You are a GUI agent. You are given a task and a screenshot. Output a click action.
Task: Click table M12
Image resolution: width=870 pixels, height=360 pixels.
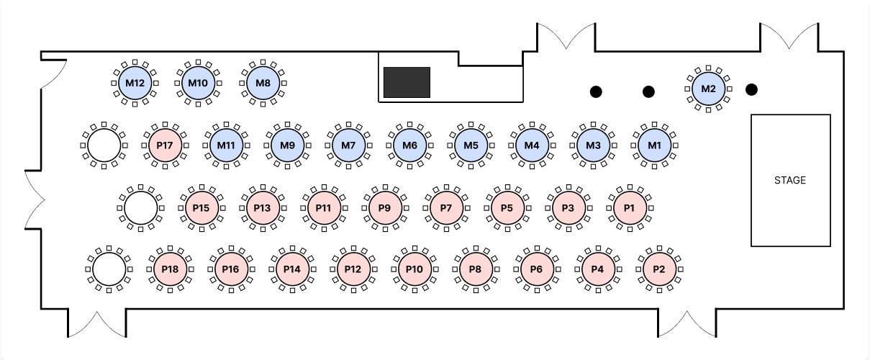(x=135, y=83)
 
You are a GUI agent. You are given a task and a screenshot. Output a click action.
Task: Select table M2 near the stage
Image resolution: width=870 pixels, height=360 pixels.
(x=708, y=89)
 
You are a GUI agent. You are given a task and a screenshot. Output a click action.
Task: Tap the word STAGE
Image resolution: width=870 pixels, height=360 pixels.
(x=790, y=180)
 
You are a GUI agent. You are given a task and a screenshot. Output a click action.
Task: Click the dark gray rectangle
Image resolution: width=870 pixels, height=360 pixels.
(x=407, y=82)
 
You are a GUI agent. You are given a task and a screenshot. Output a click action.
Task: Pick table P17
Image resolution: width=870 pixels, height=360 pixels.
(x=165, y=145)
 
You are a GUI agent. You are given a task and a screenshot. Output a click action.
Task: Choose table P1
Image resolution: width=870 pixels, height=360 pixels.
(x=630, y=208)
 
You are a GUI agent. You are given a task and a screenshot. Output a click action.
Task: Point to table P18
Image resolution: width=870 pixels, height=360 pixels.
(x=170, y=269)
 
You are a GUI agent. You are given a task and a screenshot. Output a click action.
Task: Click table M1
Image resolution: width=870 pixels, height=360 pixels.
(x=654, y=145)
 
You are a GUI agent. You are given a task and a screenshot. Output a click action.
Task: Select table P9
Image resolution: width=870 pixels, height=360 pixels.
(x=384, y=208)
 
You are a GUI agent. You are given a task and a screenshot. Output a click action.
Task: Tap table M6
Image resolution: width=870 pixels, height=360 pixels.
(x=409, y=145)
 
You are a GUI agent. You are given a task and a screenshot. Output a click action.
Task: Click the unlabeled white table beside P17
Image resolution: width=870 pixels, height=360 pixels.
(x=104, y=145)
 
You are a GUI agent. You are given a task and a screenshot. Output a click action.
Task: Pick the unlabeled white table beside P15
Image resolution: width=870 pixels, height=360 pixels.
(x=140, y=208)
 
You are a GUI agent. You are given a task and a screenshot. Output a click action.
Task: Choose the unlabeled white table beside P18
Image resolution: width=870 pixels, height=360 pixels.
(x=109, y=269)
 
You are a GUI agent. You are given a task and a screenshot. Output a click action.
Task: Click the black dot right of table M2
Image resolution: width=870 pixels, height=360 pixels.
(x=751, y=89)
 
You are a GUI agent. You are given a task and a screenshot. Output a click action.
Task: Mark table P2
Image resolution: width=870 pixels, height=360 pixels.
(x=658, y=269)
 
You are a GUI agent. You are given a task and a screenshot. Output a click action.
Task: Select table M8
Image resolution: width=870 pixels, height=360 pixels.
(x=263, y=83)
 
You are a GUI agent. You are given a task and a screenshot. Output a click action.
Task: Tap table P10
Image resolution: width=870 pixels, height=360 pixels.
(x=414, y=269)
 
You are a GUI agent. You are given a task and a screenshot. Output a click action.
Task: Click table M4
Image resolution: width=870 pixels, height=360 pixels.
(x=532, y=145)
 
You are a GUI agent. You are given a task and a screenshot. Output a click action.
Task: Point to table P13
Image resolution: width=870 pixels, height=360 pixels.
(x=263, y=208)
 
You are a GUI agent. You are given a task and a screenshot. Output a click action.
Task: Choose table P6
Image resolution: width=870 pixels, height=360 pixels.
(x=536, y=269)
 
